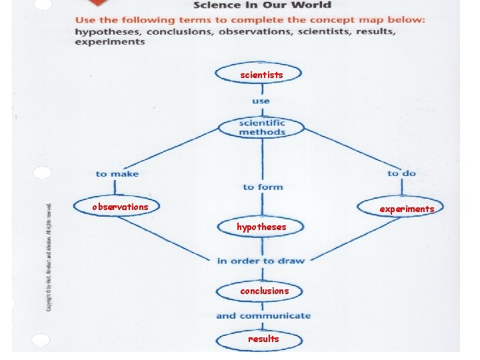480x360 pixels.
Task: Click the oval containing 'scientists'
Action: tap(259, 73)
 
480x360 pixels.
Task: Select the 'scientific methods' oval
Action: tap(261, 127)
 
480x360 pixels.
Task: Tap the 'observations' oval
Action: tap(117, 207)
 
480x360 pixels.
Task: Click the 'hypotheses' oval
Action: tap(261, 227)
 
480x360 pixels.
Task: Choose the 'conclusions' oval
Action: tap(261, 291)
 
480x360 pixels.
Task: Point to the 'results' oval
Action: tap(259, 339)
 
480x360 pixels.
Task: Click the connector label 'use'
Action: tap(261, 101)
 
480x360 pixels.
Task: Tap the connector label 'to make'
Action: tap(117, 174)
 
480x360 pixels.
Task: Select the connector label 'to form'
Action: tap(263, 187)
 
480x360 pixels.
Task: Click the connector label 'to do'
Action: tap(401, 173)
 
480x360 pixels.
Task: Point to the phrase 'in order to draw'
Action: tap(261, 261)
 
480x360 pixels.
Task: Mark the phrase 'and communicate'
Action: tap(263, 315)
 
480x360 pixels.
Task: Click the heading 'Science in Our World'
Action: tap(262, 5)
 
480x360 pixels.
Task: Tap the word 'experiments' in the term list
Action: tap(110, 41)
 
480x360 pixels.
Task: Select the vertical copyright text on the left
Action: tap(48, 257)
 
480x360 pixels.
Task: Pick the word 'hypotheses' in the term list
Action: tap(108, 31)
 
